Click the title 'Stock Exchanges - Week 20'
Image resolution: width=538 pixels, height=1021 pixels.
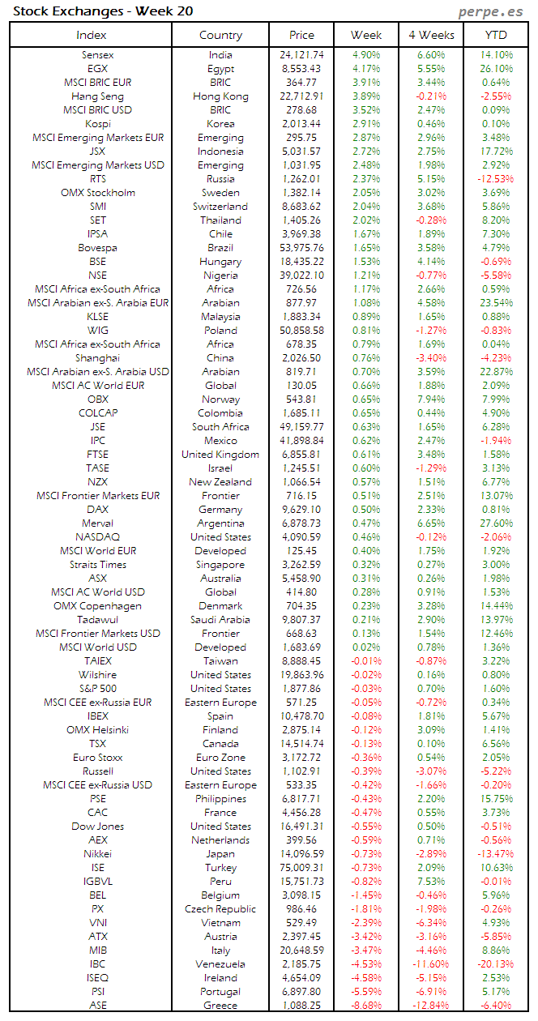click(103, 11)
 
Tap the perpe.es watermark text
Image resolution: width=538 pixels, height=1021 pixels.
click(491, 11)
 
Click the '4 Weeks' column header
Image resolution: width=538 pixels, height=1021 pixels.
click(431, 35)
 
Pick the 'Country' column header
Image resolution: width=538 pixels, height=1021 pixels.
click(220, 35)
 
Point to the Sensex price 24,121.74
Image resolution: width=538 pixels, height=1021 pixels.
click(302, 55)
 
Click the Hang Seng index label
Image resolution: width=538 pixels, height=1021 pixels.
click(97, 96)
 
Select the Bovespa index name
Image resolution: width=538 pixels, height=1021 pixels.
click(97, 248)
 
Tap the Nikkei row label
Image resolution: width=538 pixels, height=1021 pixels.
click(97, 854)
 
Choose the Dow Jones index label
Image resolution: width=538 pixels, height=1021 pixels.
click(97, 827)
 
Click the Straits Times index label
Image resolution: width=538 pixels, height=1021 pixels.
click(97, 565)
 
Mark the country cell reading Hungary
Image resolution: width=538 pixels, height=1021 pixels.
click(220, 262)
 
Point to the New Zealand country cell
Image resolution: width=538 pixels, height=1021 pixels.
click(220, 482)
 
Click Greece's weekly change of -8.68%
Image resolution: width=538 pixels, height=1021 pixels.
click(366, 1006)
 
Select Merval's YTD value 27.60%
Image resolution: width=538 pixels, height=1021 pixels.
click(495, 523)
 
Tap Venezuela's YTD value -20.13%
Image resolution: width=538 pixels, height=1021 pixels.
click(495, 964)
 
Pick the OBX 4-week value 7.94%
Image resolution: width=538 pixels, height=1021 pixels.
click(431, 399)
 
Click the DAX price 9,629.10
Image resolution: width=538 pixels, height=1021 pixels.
click(302, 510)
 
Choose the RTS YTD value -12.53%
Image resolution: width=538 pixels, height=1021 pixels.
click(495, 179)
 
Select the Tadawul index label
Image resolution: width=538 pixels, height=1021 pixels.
click(97, 620)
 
